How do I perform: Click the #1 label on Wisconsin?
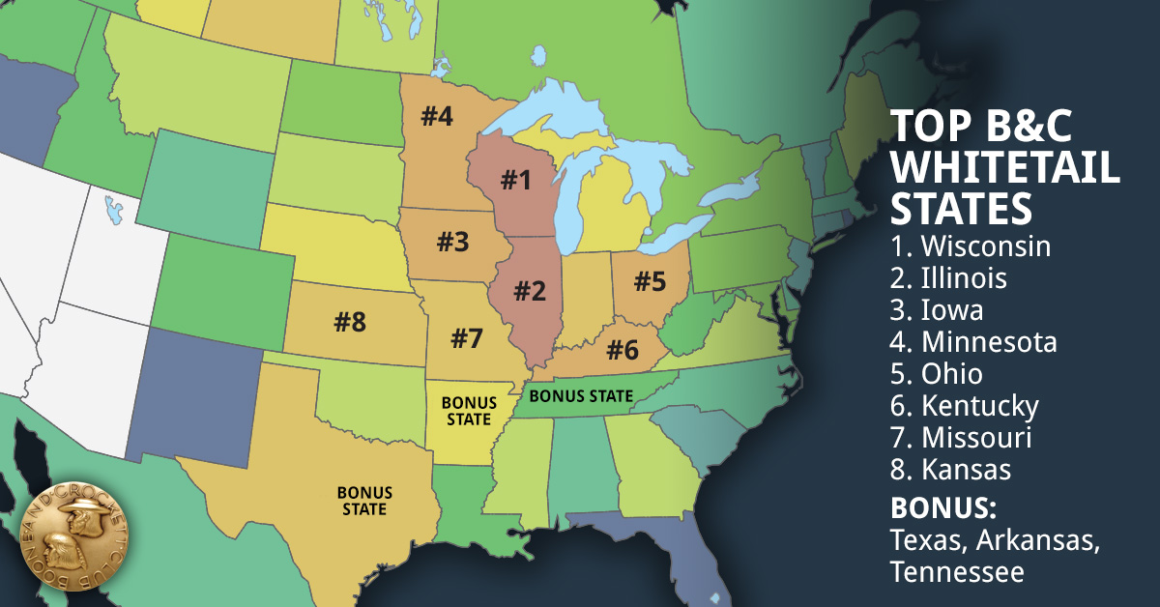coord(515,180)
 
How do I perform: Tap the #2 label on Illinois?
coord(530,290)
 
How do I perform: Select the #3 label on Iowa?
coord(451,242)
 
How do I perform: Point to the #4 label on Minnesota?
coord(436,116)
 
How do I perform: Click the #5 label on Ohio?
coord(650,281)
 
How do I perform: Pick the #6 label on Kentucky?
coord(623,350)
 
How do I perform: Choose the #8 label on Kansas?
coord(350,323)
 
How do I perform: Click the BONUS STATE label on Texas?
coord(362,501)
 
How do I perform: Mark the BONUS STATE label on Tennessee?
coord(582,395)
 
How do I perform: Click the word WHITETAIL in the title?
coord(1005,166)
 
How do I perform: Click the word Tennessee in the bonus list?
coord(956,572)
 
